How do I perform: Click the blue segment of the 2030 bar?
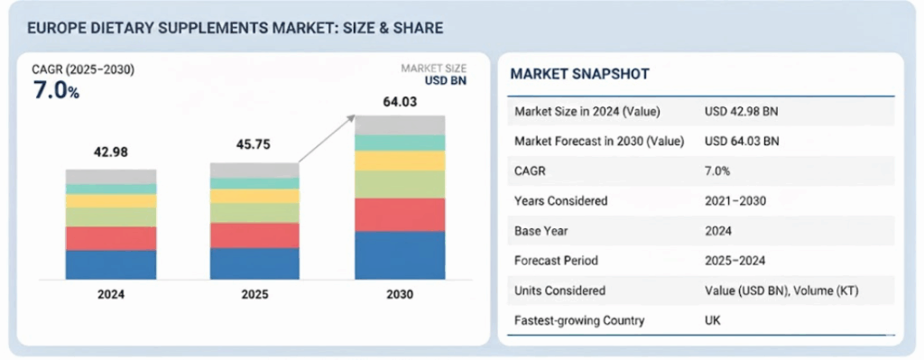(400, 255)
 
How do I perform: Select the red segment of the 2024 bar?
(111, 238)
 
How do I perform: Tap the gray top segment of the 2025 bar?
(254, 171)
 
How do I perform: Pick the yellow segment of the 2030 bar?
(400, 161)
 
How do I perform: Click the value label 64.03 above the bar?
(400, 102)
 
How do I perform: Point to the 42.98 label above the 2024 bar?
(111, 152)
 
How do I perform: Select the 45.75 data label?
(254, 144)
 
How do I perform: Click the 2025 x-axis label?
(254, 294)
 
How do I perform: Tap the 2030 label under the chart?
(400, 294)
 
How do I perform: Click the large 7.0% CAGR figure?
(56, 91)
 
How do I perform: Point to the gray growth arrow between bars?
(327, 138)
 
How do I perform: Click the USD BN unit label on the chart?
(447, 80)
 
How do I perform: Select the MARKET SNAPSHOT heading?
(580, 74)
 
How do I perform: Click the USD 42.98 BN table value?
(742, 111)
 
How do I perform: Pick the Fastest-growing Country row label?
(579, 320)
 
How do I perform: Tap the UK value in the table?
(713, 320)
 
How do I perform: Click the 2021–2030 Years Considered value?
(735, 201)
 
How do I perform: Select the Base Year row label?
(541, 231)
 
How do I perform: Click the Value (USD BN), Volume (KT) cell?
(781, 291)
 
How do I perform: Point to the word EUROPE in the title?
(49, 28)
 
